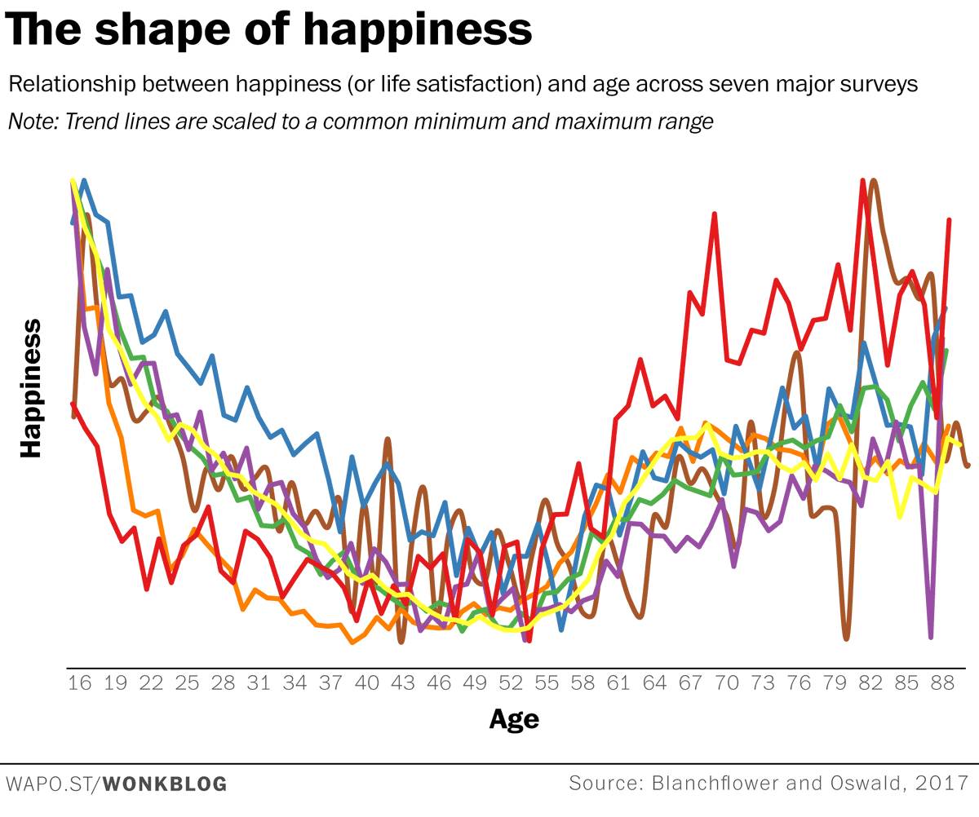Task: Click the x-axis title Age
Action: coord(514,719)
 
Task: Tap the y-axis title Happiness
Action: coord(31,387)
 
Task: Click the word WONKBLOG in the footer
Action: coord(167,785)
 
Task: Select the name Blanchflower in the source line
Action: coord(717,784)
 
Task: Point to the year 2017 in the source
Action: coord(944,784)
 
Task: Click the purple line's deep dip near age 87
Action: coord(931,637)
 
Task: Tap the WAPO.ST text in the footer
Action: coord(50,785)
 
